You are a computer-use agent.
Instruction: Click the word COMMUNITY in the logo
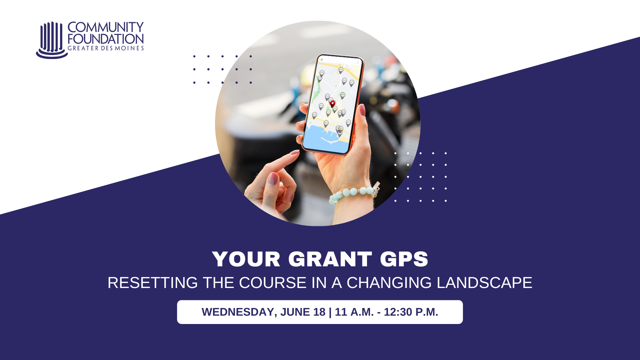click(106, 27)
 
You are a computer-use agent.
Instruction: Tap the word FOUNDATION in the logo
click(106, 39)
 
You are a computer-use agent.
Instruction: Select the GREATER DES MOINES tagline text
click(106, 48)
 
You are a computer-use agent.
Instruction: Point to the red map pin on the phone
click(332, 104)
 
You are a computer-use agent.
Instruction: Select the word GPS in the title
click(404, 259)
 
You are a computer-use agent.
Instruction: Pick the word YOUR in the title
click(246, 259)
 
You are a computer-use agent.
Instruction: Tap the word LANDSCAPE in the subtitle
click(485, 283)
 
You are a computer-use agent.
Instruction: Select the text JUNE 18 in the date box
click(303, 312)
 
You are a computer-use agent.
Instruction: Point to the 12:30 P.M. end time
click(411, 312)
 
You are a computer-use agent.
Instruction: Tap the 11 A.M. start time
click(354, 312)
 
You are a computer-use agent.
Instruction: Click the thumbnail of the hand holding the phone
click(318, 123)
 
